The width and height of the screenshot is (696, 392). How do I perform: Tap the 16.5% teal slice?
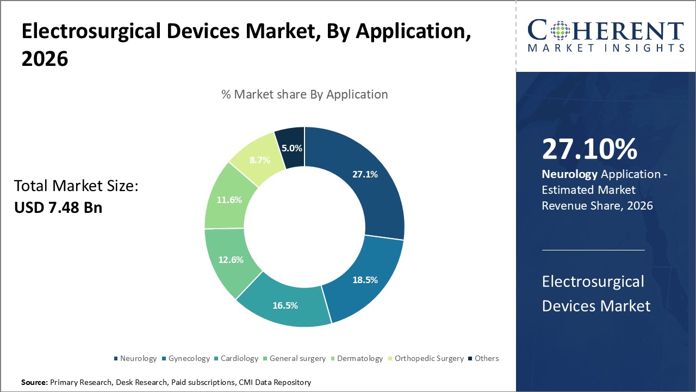[284, 305]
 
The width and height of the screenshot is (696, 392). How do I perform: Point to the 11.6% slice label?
[229, 200]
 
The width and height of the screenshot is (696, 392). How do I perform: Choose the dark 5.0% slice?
[291, 148]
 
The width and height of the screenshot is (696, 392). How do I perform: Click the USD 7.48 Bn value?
[58, 207]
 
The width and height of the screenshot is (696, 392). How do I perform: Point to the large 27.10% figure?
[589, 150]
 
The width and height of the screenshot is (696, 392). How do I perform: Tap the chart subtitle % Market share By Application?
[304, 94]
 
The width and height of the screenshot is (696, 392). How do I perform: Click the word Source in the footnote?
[34, 383]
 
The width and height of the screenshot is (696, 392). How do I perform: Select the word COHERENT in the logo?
[605, 30]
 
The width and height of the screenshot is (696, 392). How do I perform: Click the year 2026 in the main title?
[45, 59]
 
